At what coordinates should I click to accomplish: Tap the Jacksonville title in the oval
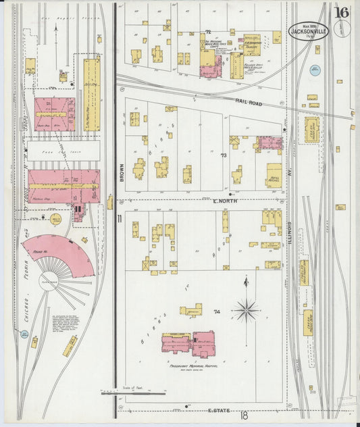(309, 30)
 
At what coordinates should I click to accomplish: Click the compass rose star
(247, 310)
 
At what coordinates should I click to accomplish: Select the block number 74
(217, 311)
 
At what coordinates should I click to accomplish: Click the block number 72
(209, 32)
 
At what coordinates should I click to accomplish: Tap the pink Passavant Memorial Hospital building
(188, 344)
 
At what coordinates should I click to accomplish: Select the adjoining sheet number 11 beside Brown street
(119, 218)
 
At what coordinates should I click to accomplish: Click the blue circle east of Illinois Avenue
(315, 69)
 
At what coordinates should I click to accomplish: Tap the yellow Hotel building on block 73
(274, 174)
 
